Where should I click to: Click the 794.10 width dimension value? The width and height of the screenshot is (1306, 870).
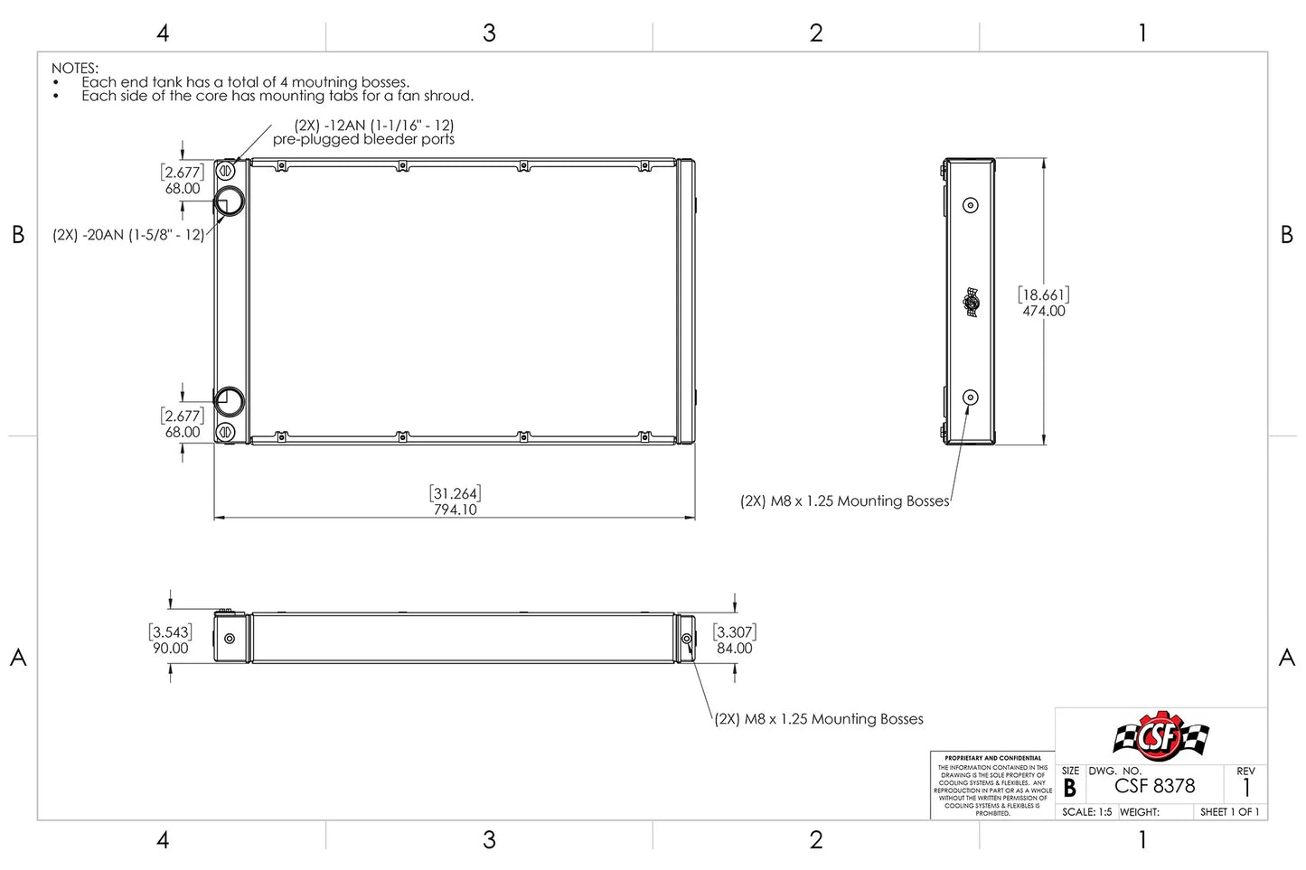click(x=455, y=510)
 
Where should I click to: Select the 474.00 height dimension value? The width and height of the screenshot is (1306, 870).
click(x=1044, y=311)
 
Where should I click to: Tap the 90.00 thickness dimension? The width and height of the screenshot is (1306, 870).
click(x=170, y=648)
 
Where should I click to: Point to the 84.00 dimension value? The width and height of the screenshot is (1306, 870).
click(x=734, y=648)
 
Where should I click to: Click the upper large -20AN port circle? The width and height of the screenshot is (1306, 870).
click(x=229, y=201)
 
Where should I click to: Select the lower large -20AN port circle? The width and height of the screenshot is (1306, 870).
click(x=229, y=401)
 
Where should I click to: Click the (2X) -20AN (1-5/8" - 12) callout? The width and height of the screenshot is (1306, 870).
click(x=128, y=235)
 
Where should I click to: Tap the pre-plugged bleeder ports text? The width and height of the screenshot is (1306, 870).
click(x=363, y=139)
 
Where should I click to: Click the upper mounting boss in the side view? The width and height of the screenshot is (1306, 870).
click(x=971, y=205)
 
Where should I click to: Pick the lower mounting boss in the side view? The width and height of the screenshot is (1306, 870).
click(x=971, y=398)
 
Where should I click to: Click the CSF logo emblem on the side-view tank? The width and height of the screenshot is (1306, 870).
click(x=971, y=302)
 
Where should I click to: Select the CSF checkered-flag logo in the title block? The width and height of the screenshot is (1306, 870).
click(x=1160, y=736)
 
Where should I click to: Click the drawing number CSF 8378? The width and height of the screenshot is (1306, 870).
click(x=1154, y=786)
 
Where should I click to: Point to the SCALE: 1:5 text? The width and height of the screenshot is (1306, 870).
click(x=1086, y=812)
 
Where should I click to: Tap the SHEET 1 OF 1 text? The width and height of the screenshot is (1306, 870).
click(x=1229, y=812)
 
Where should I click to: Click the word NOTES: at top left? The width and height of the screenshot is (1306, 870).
click(x=74, y=68)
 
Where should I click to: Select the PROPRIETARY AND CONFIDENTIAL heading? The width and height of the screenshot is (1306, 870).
click(x=992, y=758)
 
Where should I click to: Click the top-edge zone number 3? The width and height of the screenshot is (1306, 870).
click(x=489, y=33)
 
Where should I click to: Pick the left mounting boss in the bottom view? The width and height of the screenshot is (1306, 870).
click(x=230, y=639)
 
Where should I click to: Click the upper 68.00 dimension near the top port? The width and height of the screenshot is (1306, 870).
click(x=183, y=188)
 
